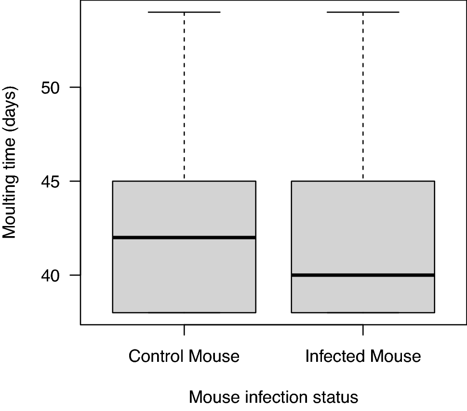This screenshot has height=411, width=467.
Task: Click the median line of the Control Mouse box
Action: (x=184, y=237)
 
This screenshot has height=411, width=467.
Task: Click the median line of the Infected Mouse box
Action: (x=362, y=275)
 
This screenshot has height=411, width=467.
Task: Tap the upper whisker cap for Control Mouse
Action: (x=184, y=12)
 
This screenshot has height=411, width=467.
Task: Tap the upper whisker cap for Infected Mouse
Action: (x=362, y=12)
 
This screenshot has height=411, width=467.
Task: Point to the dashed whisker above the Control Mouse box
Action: (x=184, y=96)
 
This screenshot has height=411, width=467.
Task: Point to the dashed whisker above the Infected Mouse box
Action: (x=362, y=96)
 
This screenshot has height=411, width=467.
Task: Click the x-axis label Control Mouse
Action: (x=184, y=356)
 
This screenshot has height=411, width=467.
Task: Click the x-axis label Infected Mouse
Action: (x=363, y=356)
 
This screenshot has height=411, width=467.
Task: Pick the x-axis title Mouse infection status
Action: (x=273, y=397)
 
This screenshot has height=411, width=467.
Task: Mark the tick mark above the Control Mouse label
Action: (x=184, y=330)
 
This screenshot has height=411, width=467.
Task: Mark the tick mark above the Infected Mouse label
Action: (x=362, y=330)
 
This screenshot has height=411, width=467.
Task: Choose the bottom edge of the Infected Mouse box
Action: (x=362, y=313)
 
